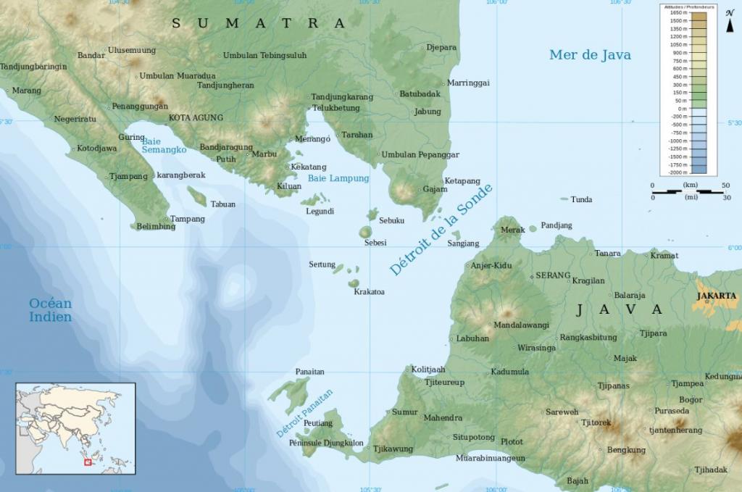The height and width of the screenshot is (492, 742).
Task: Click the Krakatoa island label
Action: [369, 292]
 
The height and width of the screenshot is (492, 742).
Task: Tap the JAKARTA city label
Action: [716, 296]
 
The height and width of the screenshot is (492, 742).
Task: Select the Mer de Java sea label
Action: [590, 54]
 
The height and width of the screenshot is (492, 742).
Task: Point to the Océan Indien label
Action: [50, 310]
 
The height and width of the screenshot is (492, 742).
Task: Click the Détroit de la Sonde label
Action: [440, 230]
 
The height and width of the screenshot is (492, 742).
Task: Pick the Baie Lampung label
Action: [338, 178]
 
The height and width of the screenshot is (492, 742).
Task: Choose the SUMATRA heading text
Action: [259, 23]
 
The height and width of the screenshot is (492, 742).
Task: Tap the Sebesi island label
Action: [375, 242]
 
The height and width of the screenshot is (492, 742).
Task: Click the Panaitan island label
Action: [310, 372]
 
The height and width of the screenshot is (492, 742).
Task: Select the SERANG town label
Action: [554, 276]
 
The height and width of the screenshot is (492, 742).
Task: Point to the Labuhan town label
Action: [472, 338]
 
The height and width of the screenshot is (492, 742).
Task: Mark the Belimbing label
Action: [156, 226]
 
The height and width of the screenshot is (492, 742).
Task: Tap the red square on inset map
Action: [88, 461]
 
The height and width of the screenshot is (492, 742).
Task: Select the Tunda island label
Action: [581, 199]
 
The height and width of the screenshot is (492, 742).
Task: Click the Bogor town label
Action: [691, 400]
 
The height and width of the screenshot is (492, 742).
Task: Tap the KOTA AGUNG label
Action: [196, 117]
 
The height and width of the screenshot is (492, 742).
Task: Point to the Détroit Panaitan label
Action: [304, 413]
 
